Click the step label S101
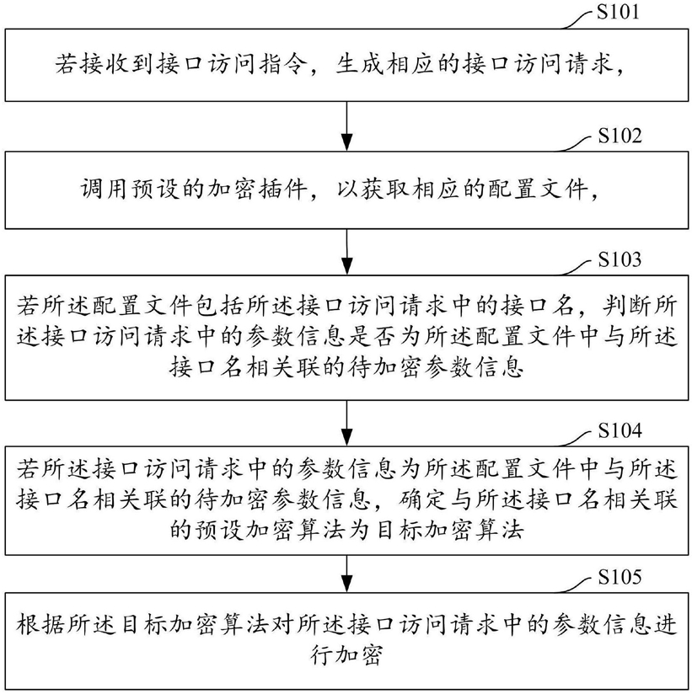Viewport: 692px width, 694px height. coord(618,12)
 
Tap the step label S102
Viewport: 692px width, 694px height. coord(620,136)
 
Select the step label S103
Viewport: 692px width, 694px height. coord(620,259)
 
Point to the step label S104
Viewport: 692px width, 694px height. coord(620,430)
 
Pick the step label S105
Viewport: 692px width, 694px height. coord(620,577)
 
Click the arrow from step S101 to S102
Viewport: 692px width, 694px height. coord(347,126)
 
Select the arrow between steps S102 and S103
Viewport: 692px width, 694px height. coord(347,252)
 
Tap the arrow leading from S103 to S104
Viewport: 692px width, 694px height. coord(347,423)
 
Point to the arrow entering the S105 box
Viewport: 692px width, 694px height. coord(347,574)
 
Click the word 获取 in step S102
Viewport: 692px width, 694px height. coord(385,190)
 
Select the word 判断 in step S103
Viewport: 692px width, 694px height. coord(628,307)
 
